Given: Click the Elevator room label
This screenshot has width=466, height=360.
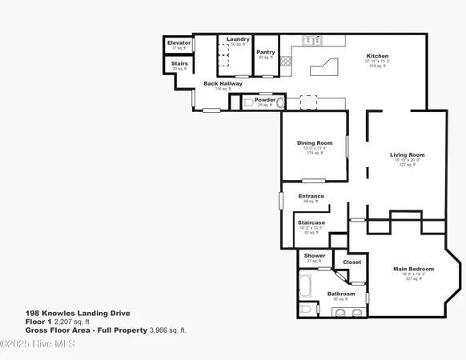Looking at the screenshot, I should click(179, 42).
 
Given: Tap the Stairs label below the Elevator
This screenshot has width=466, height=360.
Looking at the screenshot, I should click(179, 63).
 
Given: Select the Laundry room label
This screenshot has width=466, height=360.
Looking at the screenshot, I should click(237, 39).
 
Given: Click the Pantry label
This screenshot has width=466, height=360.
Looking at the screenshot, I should click(266, 52).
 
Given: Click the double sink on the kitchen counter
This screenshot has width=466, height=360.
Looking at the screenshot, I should click(311, 40).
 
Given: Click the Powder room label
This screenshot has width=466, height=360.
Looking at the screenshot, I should click(265, 100).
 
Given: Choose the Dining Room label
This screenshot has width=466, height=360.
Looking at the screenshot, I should click(314, 142).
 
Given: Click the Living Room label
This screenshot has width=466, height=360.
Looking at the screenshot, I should click(407, 154).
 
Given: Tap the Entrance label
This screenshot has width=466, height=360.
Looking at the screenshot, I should click(311, 196).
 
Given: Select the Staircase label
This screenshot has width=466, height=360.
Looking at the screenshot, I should click(311, 222).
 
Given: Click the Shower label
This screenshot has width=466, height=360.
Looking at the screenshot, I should click(314, 256).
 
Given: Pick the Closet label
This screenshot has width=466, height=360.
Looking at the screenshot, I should click(352, 262).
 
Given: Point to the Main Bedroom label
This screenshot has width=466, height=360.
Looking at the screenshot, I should click(414, 269).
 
